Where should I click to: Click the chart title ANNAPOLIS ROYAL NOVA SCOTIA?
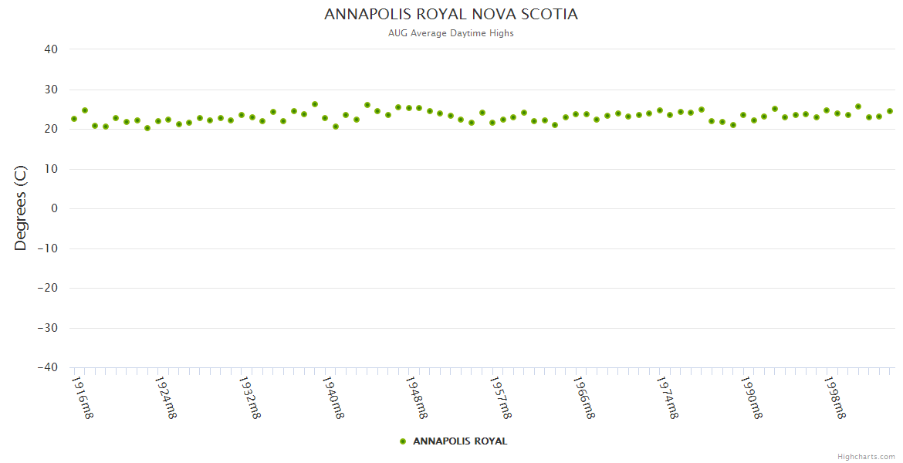451,15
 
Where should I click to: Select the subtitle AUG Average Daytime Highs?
451,33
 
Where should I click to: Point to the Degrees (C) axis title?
21,208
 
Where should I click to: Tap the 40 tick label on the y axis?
51,49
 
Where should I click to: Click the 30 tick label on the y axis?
51,90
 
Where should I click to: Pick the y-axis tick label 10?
51,169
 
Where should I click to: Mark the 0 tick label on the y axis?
54,208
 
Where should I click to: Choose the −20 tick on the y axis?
47,288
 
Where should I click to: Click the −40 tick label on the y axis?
47,368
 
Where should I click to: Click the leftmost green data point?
74,119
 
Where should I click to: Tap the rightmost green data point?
889,111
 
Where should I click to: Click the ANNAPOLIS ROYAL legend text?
460,441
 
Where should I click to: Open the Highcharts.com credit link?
866,456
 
